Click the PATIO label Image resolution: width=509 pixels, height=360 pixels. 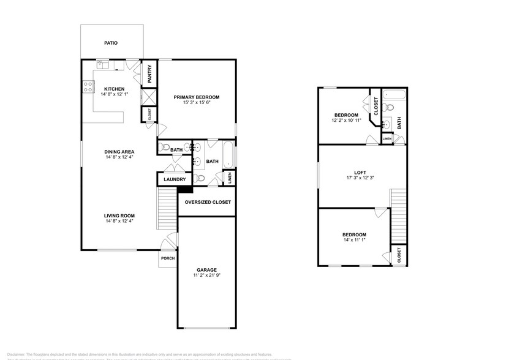[110, 43]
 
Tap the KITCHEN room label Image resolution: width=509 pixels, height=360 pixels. [115, 88]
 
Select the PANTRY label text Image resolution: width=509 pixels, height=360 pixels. [149, 75]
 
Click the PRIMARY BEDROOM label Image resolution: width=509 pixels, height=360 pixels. [196, 97]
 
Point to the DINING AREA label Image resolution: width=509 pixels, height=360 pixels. [119, 152]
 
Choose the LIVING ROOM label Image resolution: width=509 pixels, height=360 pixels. [119, 216]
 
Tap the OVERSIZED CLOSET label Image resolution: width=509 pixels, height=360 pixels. [208, 202]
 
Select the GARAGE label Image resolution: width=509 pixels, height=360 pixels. [206, 269]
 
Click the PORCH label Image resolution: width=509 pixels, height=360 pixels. [167, 258]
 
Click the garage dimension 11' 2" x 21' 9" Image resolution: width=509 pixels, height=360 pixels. [206, 276]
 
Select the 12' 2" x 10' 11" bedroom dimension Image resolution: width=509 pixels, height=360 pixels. [346, 121]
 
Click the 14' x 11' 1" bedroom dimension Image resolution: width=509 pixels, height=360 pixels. [354, 241]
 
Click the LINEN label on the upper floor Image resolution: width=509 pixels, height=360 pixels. [386, 139]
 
